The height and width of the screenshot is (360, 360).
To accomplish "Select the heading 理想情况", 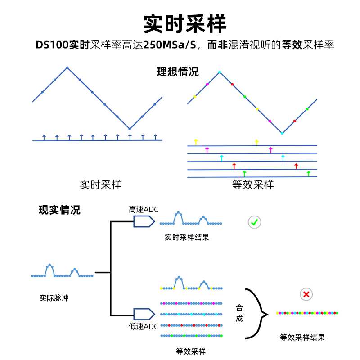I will tap(178, 72).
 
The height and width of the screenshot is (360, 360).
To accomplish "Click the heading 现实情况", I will tap(59, 210).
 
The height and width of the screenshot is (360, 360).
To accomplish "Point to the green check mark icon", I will tap(254, 222).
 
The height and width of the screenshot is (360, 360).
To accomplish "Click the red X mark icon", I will tap(306, 294).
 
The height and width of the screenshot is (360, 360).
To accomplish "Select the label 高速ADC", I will tap(144, 210).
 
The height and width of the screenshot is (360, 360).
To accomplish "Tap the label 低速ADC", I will tap(144, 327).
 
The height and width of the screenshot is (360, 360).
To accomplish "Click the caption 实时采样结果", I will tap(187, 238).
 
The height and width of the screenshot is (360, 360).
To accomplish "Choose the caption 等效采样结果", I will tap(302, 337).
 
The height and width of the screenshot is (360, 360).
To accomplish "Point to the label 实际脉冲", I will tap(54, 297).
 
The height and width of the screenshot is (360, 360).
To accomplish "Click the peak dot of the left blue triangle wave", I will tap(67, 68).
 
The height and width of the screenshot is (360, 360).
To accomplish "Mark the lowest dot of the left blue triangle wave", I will tap(130, 129).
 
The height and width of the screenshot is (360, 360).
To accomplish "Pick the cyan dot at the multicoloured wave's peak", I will tap(220, 72).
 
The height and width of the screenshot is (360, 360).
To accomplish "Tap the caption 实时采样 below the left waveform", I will tap(100, 184).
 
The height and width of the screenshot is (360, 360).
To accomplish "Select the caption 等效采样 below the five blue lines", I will tap(253, 184).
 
